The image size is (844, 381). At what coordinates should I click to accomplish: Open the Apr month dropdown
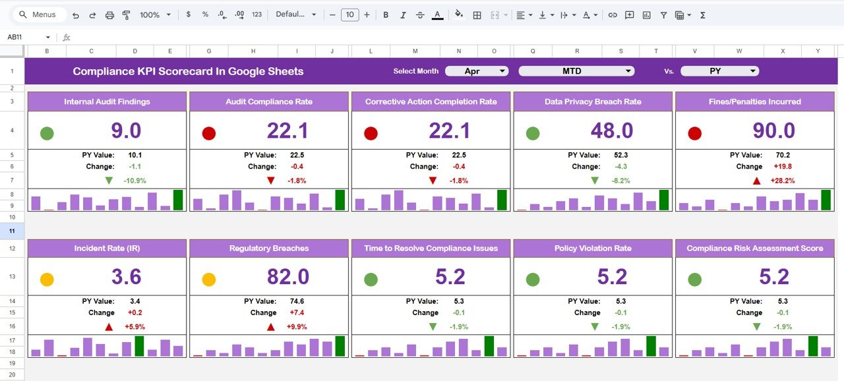pos(476,71)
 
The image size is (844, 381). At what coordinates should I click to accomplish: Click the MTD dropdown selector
pos(576,71)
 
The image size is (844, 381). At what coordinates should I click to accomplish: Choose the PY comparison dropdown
pos(719,71)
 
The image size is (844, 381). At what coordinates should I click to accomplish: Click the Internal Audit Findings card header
pos(107,102)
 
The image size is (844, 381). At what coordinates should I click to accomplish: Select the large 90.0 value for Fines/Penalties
pos(773,131)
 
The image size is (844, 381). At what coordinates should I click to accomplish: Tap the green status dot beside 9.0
pos(47,134)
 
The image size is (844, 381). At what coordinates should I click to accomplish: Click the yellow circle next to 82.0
pos(209,279)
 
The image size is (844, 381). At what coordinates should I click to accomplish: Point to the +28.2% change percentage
pos(782,181)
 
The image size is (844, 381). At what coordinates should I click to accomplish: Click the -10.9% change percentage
pos(135,181)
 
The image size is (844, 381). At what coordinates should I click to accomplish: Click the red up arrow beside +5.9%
pos(109,327)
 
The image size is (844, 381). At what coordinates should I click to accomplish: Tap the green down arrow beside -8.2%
pos(595,181)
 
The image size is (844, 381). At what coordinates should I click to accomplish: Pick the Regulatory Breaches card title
pos(268,249)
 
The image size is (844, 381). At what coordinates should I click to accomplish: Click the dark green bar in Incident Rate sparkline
pos(139,346)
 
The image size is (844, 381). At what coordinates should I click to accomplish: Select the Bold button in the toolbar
pos(385,15)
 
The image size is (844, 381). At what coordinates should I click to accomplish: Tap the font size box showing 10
pos(349,15)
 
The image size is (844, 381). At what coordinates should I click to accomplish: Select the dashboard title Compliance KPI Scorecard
pos(188,71)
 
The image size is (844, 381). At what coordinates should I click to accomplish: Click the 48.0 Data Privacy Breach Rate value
pos(612,131)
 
